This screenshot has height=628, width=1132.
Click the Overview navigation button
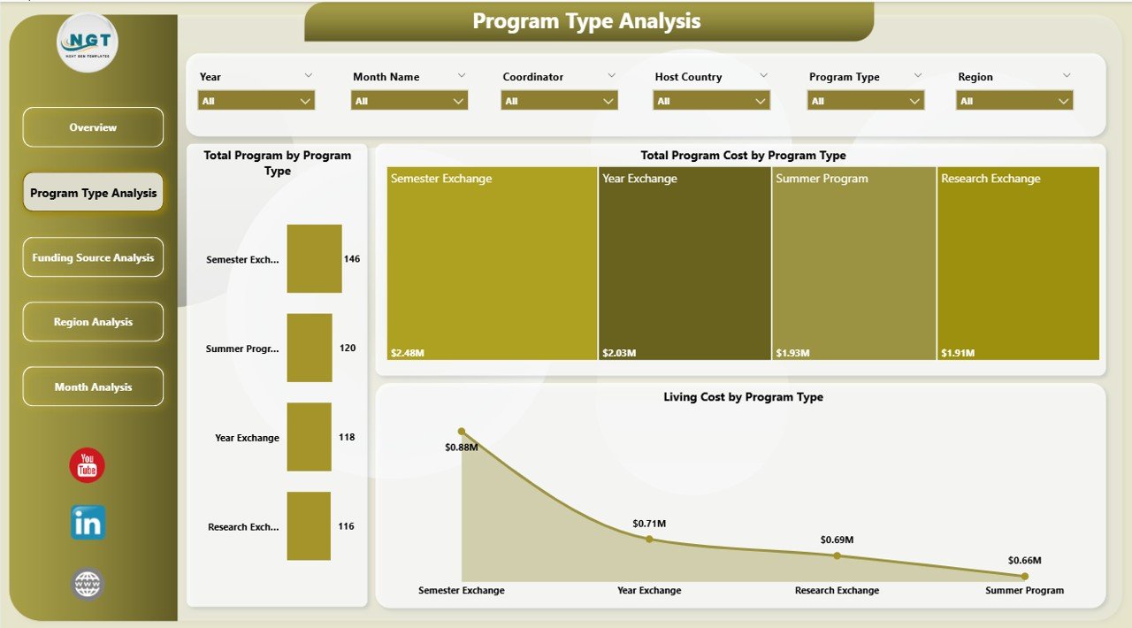click(93, 127)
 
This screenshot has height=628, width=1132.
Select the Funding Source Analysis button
click(93, 257)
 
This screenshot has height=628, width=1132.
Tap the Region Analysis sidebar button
click(93, 322)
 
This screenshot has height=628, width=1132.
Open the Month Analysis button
click(93, 387)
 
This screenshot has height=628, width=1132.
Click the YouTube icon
click(88, 465)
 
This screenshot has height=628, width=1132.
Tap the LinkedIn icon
click(88, 523)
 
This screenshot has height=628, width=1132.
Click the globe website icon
click(88, 584)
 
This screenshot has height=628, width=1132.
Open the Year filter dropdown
click(256, 101)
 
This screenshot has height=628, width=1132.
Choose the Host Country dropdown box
click(711, 101)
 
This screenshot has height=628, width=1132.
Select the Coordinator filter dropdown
click(559, 101)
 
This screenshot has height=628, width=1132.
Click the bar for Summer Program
click(310, 348)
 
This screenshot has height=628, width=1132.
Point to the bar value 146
click(352, 259)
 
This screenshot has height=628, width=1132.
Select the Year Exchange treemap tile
click(685, 264)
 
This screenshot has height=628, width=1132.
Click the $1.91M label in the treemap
click(957, 353)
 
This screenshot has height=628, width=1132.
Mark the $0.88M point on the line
click(462, 432)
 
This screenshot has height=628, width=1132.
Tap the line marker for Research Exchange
click(837, 555)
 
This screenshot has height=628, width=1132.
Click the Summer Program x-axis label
click(1024, 590)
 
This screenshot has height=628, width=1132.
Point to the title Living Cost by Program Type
click(743, 397)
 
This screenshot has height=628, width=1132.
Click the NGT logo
click(87, 42)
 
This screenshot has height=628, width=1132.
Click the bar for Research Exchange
click(309, 526)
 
